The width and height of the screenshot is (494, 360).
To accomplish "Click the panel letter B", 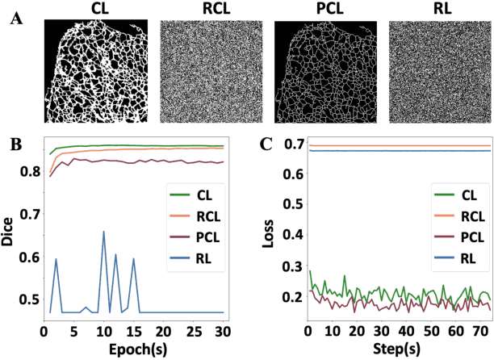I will (x=15, y=145).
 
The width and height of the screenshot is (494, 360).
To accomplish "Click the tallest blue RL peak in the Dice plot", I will (x=103, y=232).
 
